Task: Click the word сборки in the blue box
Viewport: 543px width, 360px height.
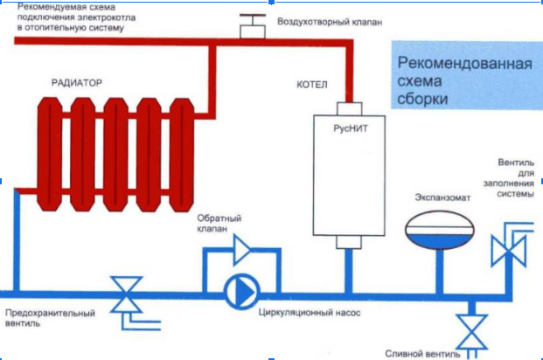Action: [421, 99]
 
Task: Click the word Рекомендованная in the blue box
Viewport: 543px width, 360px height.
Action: [464, 63]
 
